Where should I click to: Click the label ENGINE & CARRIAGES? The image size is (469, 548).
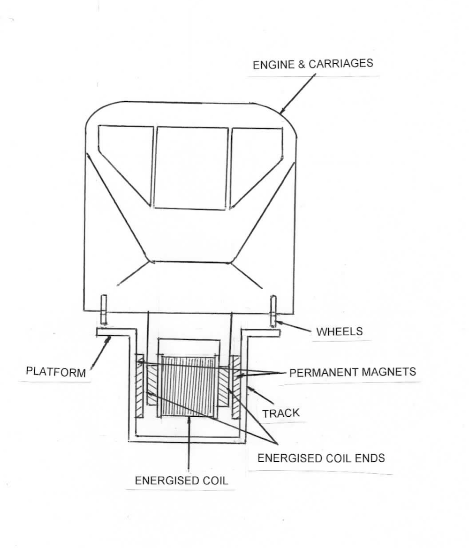click(313, 64)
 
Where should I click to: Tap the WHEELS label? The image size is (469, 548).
click(340, 331)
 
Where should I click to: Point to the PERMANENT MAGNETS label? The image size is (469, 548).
click(352, 372)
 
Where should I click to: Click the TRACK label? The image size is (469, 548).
click(281, 413)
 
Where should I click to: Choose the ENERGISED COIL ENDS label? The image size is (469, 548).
click(321, 458)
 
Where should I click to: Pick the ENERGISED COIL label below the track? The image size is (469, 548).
click(181, 480)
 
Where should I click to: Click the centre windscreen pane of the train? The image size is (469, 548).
click(191, 167)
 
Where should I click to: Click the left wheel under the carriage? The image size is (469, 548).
click(104, 310)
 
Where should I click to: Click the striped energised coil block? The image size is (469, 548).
click(189, 385)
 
